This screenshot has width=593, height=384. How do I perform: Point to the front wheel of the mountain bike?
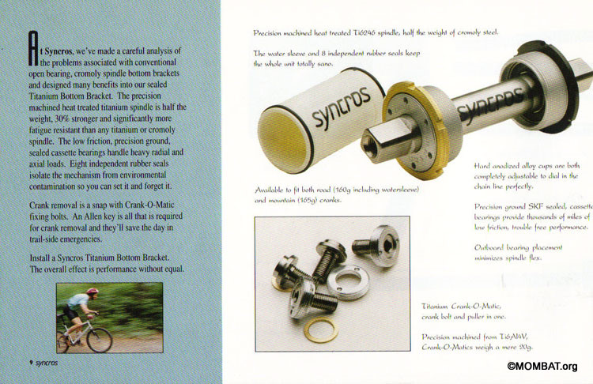click(x=100, y=339)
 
